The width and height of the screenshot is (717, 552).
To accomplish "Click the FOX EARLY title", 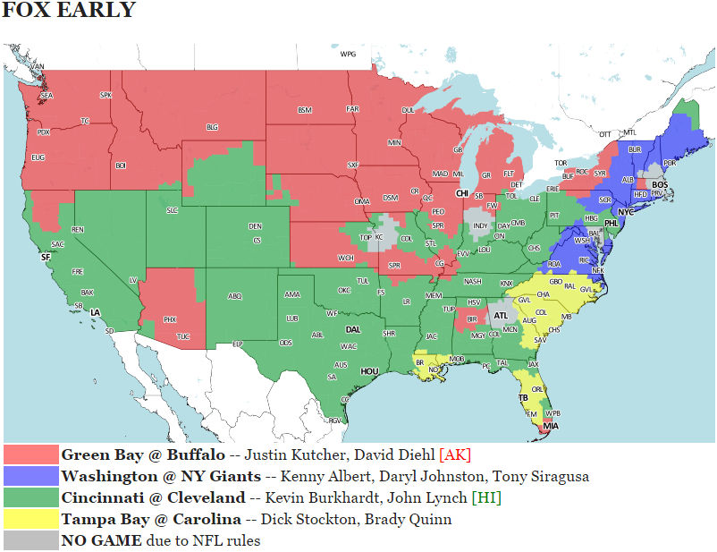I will click(69, 12).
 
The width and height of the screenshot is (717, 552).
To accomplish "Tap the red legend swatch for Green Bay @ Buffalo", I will click(31, 455).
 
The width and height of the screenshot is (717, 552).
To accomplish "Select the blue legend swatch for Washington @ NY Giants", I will click(31, 476).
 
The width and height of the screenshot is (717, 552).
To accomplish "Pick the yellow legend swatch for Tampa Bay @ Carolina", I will click(31, 519).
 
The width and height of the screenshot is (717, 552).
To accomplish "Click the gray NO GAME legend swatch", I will click(31, 540).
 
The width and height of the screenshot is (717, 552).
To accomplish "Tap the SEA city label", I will click(46, 96).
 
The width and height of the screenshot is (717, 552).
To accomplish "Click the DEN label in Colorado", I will click(255, 225).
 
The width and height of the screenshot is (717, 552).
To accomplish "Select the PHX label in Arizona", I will click(170, 319).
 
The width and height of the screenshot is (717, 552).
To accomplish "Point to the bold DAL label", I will click(353, 328).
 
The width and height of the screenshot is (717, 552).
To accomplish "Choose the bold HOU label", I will click(369, 370).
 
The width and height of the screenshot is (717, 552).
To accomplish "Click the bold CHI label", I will click(463, 192).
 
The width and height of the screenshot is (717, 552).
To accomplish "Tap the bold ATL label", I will click(502, 316).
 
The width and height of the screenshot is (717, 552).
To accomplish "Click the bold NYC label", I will click(626, 212).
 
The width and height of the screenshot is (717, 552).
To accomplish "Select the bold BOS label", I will click(660, 184).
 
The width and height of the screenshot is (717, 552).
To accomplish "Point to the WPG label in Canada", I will click(348, 54).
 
